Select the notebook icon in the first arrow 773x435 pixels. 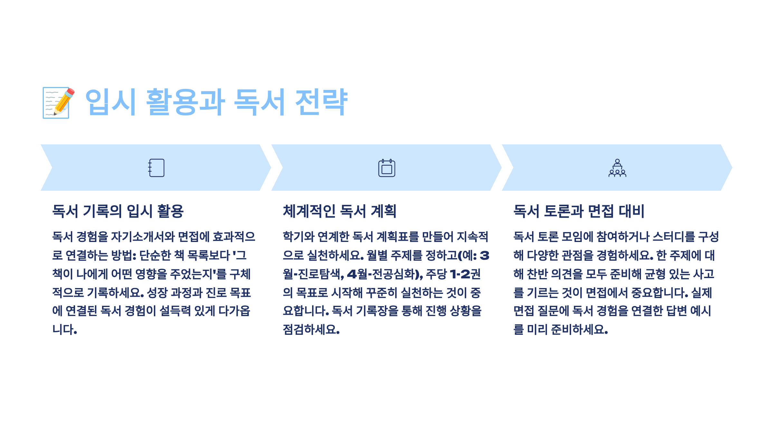pyautogui.click(x=157, y=168)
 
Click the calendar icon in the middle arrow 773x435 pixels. pyautogui.click(x=386, y=168)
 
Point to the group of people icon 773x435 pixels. pyautogui.click(x=617, y=168)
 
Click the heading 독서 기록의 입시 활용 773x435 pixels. pyautogui.click(x=118, y=211)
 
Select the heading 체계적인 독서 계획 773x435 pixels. pyautogui.click(x=339, y=211)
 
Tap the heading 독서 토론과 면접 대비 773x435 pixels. pyautogui.click(x=579, y=211)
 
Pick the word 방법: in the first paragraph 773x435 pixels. pyautogui.click(x=124, y=256)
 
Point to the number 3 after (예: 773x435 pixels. pyautogui.click(x=484, y=256)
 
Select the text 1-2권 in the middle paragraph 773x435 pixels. pyautogui.click(x=465, y=274)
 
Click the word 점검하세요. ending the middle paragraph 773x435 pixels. pyautogui.click(x=311, y=330)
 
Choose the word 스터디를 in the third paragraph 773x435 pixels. pyautogui.click(x=674, y=237)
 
